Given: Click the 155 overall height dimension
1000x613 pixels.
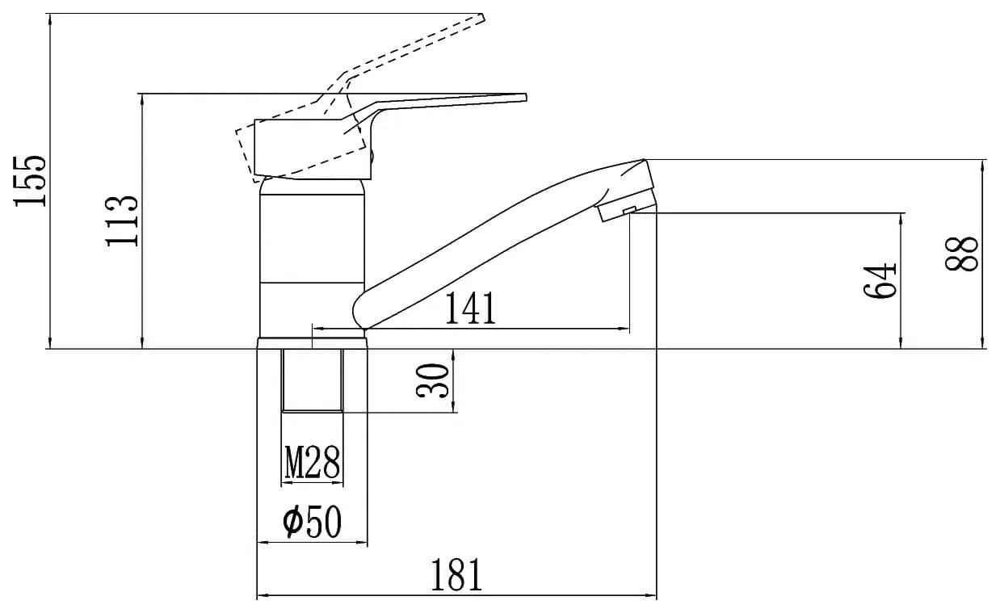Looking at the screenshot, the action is [x=30, y=181].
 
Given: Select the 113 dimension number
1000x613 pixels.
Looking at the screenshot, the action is [x=121, y=221].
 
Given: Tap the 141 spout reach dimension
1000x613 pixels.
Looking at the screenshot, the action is [x=471, y=308].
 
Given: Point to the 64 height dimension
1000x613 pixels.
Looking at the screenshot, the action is [x=880, y=281].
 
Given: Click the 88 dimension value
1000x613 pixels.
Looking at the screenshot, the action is [x=961, y=254].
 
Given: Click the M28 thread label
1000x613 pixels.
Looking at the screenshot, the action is [x=312, y=462].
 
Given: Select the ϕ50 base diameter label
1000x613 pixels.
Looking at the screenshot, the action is [x=312, y=522].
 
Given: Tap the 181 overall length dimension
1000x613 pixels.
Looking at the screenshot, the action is [x=456, y=575].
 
